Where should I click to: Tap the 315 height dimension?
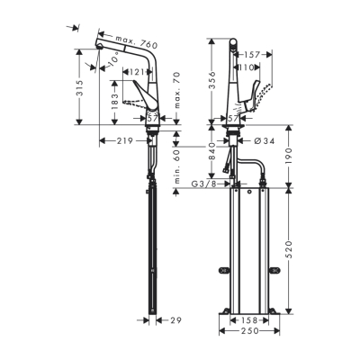pyautogui.click(x=80, y=87)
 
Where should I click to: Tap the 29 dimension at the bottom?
pyautogui.click(x=175, y=319)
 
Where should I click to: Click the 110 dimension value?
pyautogui.click(x=247, y=67)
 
